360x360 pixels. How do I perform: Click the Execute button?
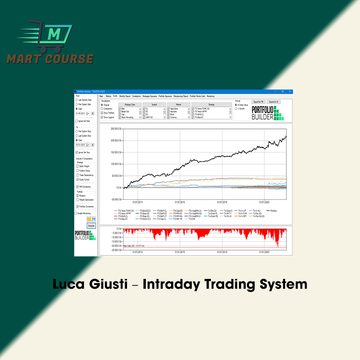[x=91, y=225]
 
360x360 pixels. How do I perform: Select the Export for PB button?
[x=259, y=101]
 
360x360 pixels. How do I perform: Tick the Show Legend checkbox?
[x=102, y=117]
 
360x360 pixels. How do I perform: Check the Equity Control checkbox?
[x=77, y=180]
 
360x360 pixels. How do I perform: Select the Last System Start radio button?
[x=77, y=100]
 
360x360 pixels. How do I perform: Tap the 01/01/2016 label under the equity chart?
[x=180, y=202]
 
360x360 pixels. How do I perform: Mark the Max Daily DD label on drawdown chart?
[x=133, y=246]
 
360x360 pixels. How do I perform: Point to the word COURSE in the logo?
[x=70, y=59]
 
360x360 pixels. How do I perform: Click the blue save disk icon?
[x=94, y=219]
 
